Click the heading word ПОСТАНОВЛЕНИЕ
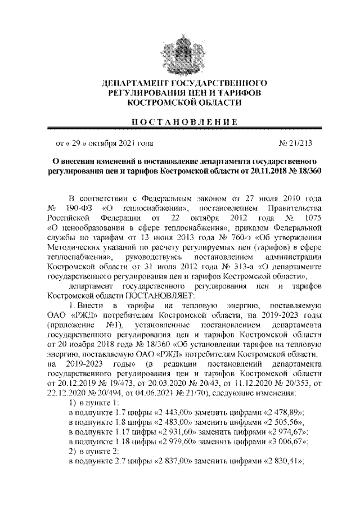tap(179, 123)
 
